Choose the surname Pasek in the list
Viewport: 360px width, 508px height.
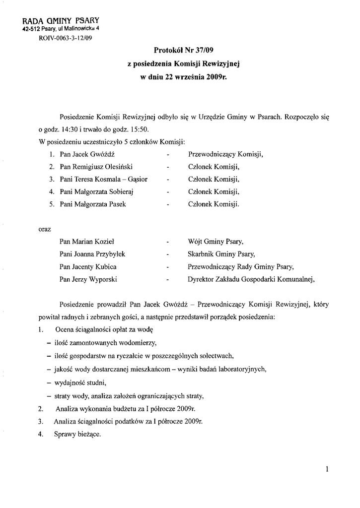114,203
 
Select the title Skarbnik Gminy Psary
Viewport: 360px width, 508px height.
221,254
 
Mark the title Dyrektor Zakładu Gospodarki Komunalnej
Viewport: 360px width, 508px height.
251,279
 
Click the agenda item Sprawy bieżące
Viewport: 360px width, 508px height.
77,434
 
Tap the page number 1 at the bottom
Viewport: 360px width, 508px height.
328,469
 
